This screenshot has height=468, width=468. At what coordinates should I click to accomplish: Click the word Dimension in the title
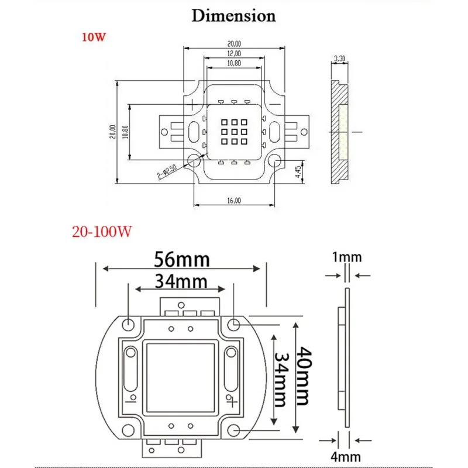[x=234, y=15]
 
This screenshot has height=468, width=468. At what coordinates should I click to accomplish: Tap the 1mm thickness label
[x=347, y=257]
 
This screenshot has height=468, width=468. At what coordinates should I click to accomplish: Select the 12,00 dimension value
[x=233, y=53]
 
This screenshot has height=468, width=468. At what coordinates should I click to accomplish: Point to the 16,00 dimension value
[x=233, y=200]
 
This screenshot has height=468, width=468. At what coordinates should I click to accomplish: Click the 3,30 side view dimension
[x=339, y=58]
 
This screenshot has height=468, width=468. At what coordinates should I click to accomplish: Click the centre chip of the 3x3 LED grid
[x=233, y=133]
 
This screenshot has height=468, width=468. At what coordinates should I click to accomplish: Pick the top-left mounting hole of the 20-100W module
[x=128, y=323]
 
